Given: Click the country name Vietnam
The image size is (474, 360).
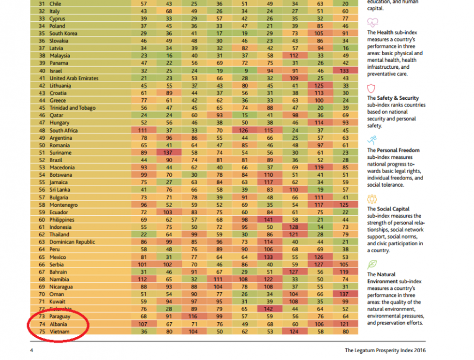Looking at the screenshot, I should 59,331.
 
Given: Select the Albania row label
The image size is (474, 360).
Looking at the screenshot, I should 59,324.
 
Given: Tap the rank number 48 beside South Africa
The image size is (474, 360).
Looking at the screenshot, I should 41,130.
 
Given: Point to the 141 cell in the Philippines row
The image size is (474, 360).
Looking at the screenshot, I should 268,220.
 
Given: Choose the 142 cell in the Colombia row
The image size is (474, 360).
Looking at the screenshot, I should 268,309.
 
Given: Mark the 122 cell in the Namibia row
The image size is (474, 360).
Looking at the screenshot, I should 268,279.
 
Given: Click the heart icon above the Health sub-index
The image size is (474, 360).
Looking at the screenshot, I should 372,22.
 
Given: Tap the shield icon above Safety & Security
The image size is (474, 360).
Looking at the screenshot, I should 371,88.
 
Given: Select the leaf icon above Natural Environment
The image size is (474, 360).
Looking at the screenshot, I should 372,264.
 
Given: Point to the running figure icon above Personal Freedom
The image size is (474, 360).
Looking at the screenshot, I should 372,140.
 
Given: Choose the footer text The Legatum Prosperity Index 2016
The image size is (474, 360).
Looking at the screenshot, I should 386,350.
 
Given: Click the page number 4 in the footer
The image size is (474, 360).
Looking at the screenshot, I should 31,350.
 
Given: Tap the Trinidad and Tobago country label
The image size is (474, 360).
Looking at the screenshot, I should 72,108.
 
